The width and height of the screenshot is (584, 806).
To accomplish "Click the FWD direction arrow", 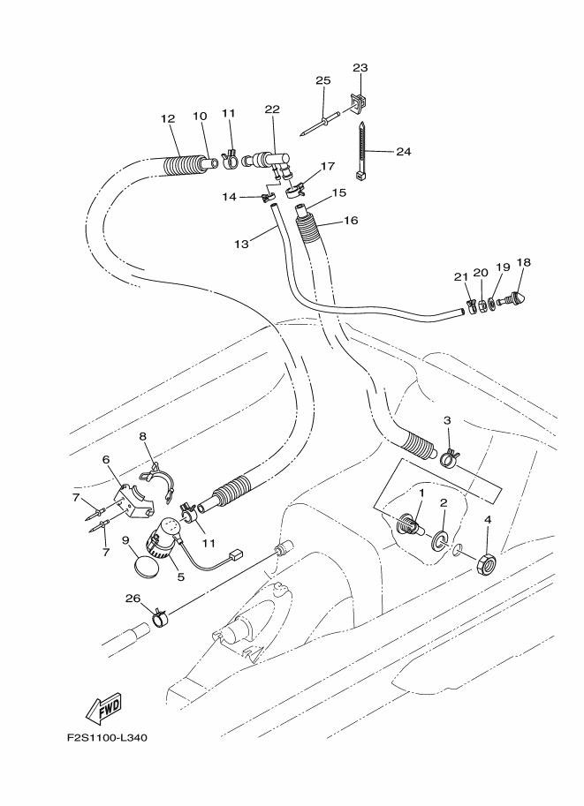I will (104, 707).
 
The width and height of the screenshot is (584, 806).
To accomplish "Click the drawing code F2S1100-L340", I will (107, 738).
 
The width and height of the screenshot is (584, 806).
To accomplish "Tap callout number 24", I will (403, 151).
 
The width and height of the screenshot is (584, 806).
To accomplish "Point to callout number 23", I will (360, 67).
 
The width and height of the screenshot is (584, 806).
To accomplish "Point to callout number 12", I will (168, 117).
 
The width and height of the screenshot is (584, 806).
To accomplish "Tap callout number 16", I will (351, 220).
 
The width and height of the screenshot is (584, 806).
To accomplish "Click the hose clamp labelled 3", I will (447, 456).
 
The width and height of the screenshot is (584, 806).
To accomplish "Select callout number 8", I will (142, 435).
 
